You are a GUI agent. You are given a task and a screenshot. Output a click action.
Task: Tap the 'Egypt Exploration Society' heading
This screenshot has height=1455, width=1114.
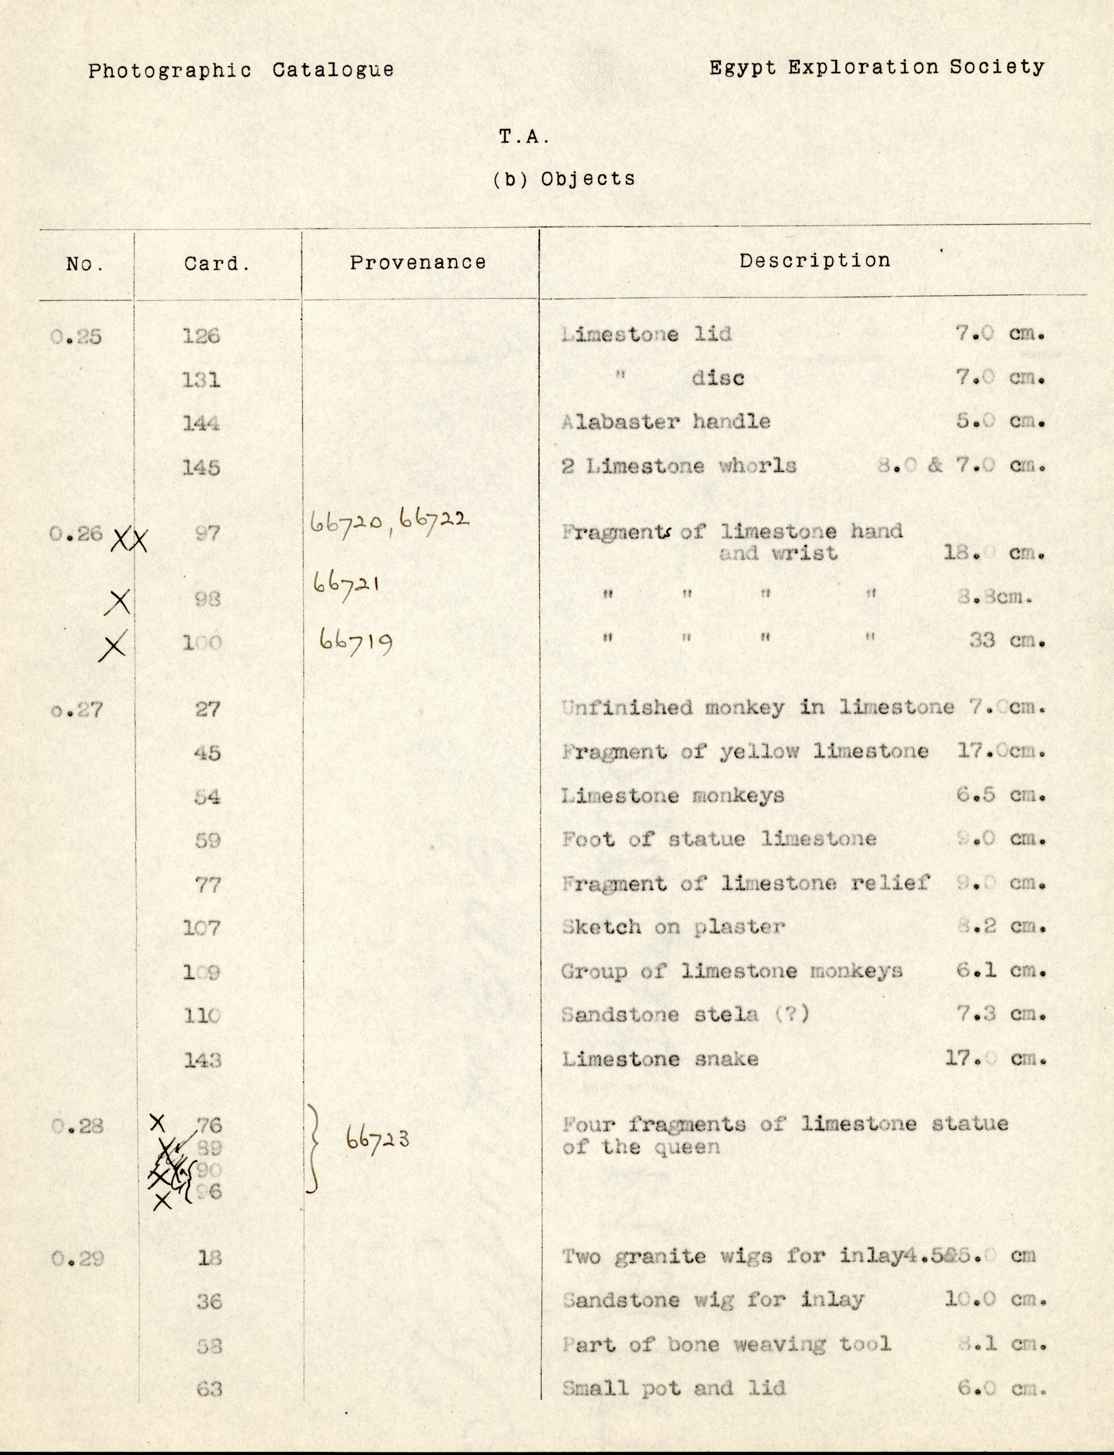tap(877, 67)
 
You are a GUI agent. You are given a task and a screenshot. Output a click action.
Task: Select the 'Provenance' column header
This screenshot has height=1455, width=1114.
tap(418, 262)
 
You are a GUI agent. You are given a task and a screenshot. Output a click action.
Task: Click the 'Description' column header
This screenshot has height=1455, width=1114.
tap(815, 261)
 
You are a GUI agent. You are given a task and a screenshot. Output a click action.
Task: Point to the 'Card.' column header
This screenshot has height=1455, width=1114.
tap(217, 264)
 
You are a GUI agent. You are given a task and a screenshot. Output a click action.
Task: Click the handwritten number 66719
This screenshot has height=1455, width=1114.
tap(355, 641)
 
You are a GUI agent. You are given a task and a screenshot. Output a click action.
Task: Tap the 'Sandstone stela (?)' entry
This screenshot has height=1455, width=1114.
tap(685, 1015)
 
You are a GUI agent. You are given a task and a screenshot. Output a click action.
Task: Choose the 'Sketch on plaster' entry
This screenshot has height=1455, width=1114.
tap(672, 927)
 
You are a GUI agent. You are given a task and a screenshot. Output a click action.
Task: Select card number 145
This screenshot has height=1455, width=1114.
tap(201, 467)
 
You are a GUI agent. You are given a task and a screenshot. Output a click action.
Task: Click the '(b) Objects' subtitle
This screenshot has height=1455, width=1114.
tap(564, 179)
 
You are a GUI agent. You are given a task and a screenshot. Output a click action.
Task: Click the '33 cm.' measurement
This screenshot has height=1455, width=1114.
tap(1006, 641)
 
